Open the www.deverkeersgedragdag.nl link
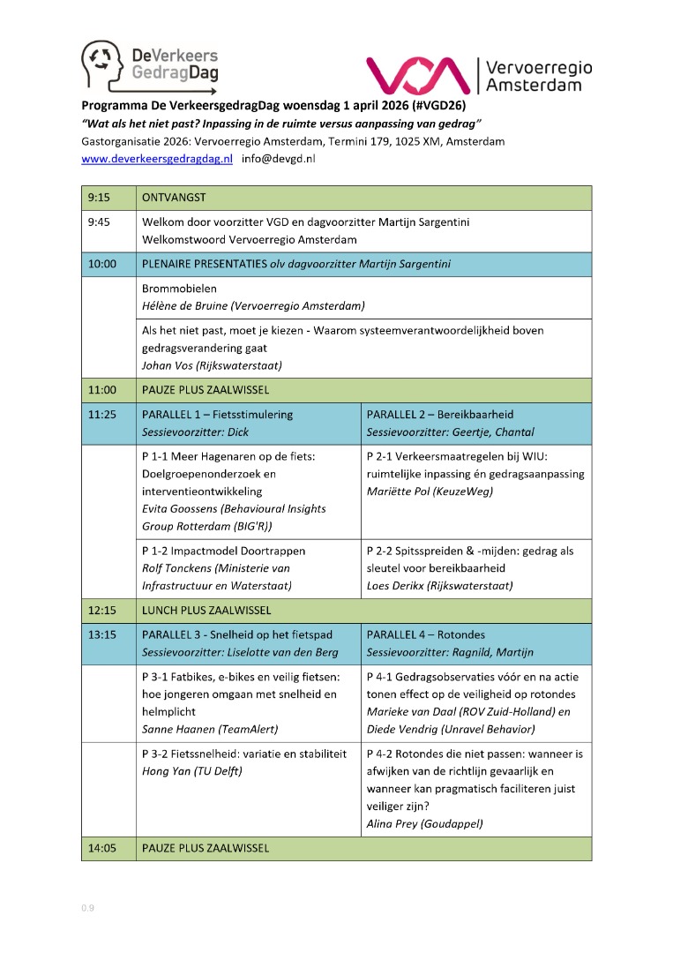click(x=156, y=159)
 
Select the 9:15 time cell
click(x=99, y=198)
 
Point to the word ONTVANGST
click(x=174, y=198)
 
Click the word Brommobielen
click(x=179, y=289)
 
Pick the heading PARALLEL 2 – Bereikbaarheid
click(x=439, y=414)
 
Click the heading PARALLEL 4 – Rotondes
click(x=425, y=634)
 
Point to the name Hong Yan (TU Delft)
click(x=192, y=771)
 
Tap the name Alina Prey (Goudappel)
click(x=423, y=822)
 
